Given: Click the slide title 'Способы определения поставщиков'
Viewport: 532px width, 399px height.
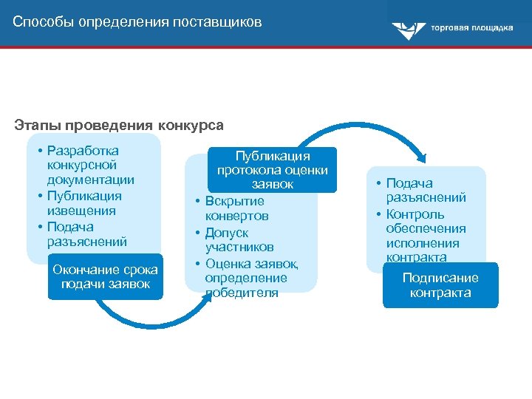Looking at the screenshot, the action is [x=137, y=21].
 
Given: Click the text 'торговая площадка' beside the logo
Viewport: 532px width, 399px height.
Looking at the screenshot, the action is [x=472, y=28].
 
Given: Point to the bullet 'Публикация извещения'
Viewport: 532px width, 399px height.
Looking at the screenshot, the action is [x=83, y=203].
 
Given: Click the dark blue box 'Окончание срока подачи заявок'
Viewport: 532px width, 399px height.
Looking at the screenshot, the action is [x=105, y=277].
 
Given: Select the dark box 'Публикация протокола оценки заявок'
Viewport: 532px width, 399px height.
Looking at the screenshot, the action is [x=273, y=170].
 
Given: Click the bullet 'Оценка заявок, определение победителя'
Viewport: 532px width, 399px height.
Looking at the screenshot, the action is [x=247, y=277].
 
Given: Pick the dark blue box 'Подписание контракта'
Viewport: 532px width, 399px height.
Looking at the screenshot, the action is [x=440, y=285].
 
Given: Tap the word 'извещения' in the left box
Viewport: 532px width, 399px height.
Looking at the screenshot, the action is [x=83, y=211].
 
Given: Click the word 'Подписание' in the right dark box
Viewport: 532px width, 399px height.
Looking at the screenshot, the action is [x=440, y=278].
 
